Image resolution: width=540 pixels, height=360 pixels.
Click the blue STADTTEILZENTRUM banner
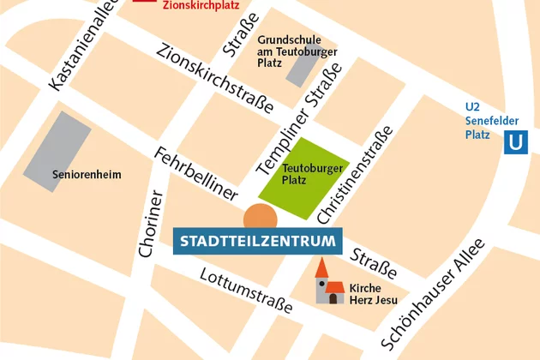pos(258,240)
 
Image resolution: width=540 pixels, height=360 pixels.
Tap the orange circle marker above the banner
pos(261,218)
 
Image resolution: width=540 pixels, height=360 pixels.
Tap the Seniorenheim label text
pos(87,175)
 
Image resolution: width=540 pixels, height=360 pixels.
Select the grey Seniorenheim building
pos(57,145)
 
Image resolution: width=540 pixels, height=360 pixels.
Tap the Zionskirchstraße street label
pos(215,77)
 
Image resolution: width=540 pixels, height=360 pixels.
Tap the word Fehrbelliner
pos(195,175)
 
